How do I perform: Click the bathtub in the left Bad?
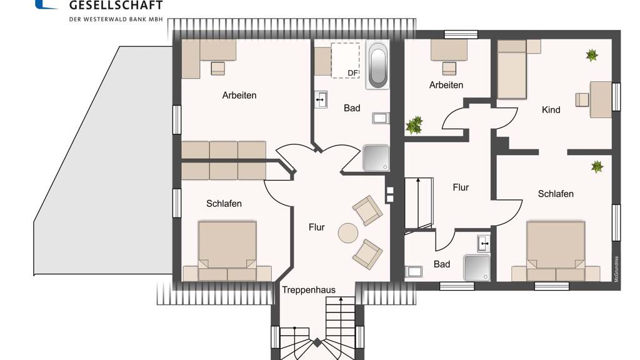[377, 64]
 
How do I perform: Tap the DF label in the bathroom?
[352, 73]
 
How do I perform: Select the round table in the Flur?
[348, 233]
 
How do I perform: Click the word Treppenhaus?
[309, 290]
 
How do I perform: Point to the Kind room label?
[551, 110]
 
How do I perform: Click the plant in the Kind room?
[592, 55]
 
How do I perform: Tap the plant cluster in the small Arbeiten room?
[414, 125]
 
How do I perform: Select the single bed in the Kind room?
[512, 69]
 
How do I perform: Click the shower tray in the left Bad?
[376, 158]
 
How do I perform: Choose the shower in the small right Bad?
[477, 267]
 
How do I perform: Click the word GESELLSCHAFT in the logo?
[116, 5]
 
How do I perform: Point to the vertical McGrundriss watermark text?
[616, 269]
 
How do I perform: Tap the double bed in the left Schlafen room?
[227, 251]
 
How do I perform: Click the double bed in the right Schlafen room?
[556, 251]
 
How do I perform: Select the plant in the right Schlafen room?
[597, 166]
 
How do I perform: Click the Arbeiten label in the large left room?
[239, 96]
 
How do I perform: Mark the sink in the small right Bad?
[484, 244]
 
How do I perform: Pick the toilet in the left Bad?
[381, 118]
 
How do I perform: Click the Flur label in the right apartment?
[461, 187]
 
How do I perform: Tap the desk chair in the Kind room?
[582, 100]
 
